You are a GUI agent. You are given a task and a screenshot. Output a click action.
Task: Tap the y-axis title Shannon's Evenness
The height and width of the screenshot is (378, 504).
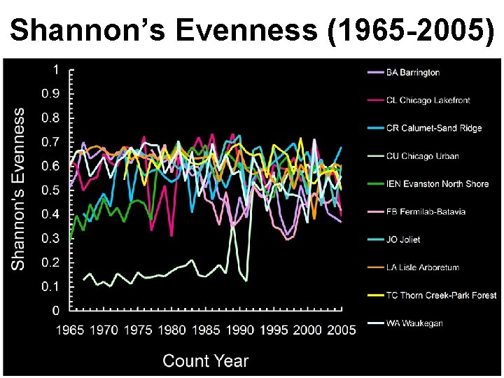click(19, 188)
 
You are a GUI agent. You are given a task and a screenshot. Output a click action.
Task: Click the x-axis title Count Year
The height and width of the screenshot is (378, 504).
click(205, 361)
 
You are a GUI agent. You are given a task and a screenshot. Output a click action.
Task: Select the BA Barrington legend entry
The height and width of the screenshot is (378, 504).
click(413, 72)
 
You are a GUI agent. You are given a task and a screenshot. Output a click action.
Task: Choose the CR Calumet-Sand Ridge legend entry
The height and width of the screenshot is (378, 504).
click(434, 128)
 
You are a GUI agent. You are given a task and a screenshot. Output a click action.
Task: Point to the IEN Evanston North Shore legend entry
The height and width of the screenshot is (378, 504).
click(437, 184)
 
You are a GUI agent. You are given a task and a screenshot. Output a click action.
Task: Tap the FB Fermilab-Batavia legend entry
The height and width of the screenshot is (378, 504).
click(426, 211)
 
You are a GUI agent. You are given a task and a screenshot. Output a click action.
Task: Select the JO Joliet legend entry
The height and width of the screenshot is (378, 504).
click(403, 239)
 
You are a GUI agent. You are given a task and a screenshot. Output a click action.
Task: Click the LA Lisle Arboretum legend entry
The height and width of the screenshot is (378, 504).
click(422, 267)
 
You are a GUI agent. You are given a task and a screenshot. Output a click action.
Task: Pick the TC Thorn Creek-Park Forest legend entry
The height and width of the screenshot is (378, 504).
click(441, 295)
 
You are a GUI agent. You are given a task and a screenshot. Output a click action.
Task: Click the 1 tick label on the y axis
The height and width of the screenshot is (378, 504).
click(56, 69)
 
